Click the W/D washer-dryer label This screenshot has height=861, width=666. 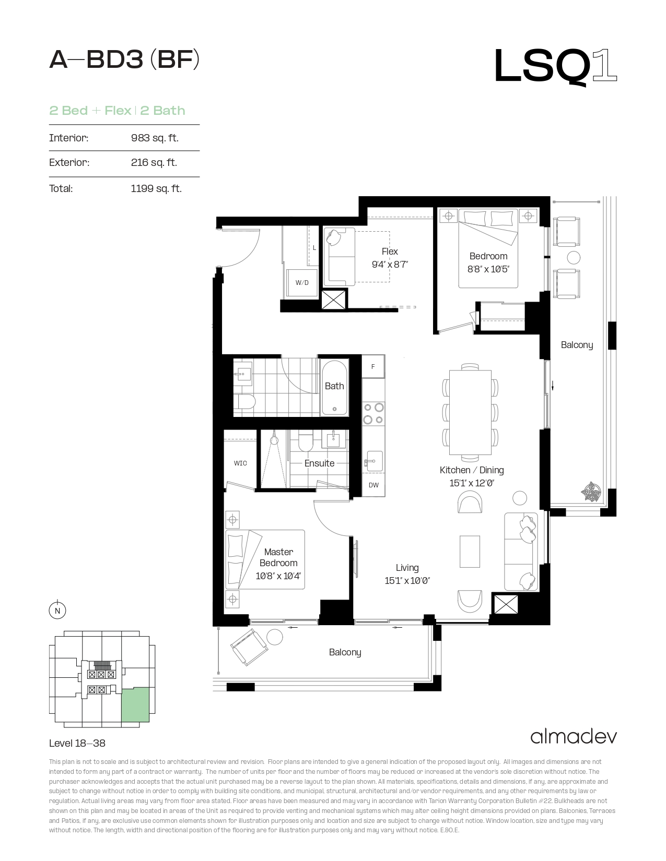pyautogui.click(x=302, y=282)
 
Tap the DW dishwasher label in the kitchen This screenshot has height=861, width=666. pyautogui.click(x=373, y=485)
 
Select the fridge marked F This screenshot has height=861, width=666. pyautogui.click(x=373, y=366)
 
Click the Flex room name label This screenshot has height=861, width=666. pyautogui.click(x=390, y=251)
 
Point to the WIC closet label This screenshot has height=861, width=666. pyautogui.click(x=240, y=463)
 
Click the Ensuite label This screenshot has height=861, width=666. pyautogui.click(x=319, y=463)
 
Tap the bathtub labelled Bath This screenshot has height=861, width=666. pyautogui.click(x=334, y=387)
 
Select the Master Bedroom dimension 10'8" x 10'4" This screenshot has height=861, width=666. pyautogui.click(x=278, y=576)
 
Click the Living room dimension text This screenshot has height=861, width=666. pyautogui.click(x=407, y=580)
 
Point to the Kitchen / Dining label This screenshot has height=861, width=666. pyautogui.click(x=472, y=470)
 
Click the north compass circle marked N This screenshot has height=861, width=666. pyautogui.click(x=57, y=611)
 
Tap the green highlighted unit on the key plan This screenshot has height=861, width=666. pyautogui.click(x=135, y=705)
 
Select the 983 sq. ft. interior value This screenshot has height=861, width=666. pyautogui.click(x=155, y=138)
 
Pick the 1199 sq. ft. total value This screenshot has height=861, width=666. pyautogui.click(x=156, y=188)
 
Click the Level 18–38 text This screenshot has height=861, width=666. pyautogui.click(x=77, y=743)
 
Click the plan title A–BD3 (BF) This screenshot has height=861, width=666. pyautogui.click(x=124, y=60)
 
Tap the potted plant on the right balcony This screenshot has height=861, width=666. pyautogui.click(x=591, y=492)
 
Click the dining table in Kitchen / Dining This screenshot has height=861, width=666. pyautogui.click(x=470, y=412)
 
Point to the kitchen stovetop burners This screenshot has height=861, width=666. pyautogui.click(x=373, y=413)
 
